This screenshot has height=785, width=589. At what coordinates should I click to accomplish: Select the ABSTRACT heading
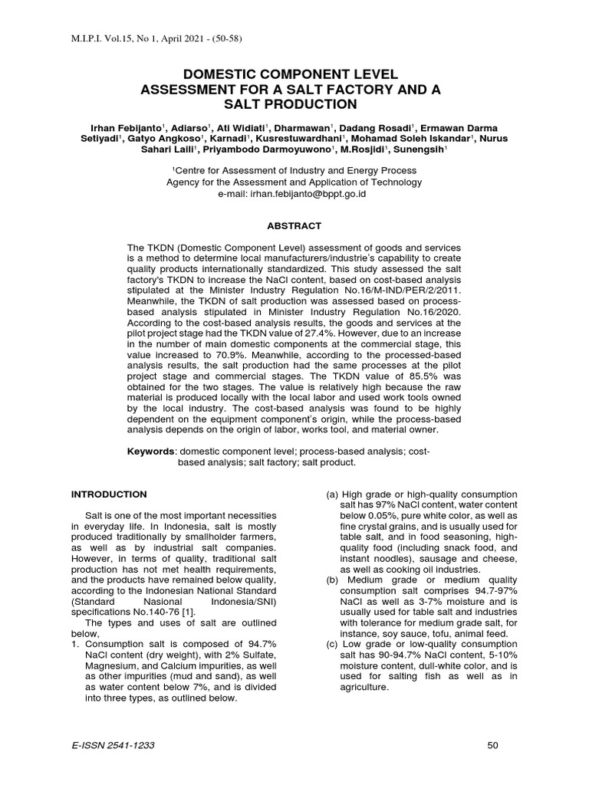click(x=294, y=225)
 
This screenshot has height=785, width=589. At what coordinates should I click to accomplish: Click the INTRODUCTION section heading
click(x=109, y=494)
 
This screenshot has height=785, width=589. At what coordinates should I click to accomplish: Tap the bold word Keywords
click(x=150, y=452)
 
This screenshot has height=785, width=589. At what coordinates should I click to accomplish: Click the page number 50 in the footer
click(x=493, y=745)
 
